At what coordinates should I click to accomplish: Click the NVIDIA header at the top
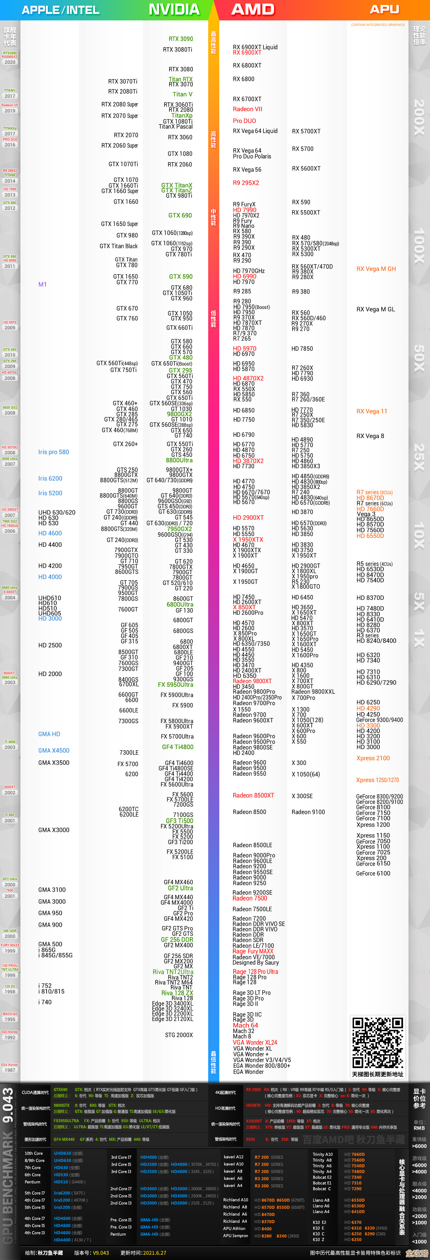(174, 9)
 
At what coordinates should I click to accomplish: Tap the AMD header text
(253, 9)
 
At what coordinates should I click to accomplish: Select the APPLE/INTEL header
(60, 10)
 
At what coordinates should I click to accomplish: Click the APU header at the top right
(384, 9)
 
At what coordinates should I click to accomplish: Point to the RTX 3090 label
(181, 39)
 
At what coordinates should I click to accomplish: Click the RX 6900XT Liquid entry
(255, 47)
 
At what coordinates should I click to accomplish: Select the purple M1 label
(43, 284)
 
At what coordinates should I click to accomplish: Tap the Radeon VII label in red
(247, 109)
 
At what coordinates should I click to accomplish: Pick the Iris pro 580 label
(53, 452)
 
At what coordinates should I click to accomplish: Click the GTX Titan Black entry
(119, 246)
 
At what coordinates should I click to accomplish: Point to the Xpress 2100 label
(373, 758)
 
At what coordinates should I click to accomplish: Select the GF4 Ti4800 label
(178, 747)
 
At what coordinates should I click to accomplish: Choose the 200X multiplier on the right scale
(419, 117)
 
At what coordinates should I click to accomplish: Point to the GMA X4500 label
(54, 750)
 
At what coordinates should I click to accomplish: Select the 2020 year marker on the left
(10, 62)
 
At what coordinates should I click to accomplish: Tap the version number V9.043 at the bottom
(101, 1253)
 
